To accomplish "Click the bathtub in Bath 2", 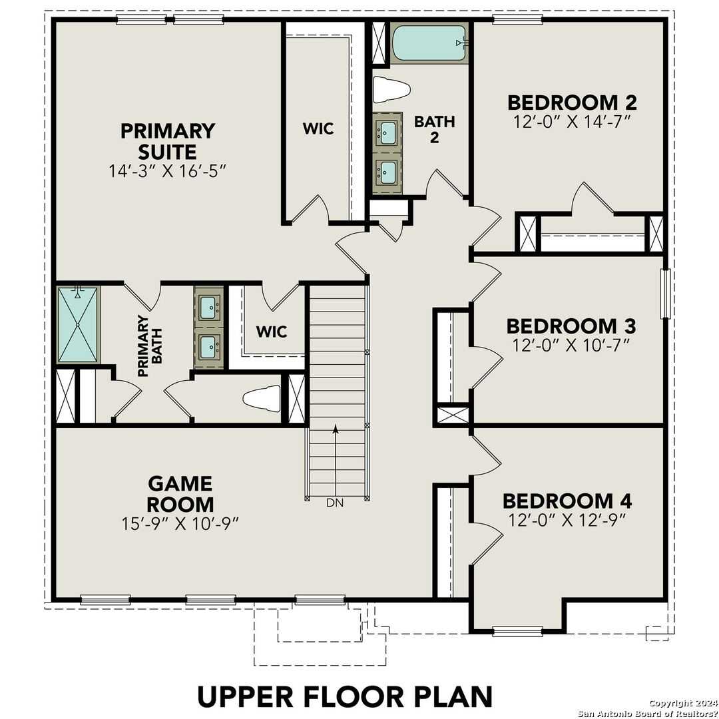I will coord(429,43).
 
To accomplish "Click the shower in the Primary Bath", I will coord(78,324).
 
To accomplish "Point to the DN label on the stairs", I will coord(335,503).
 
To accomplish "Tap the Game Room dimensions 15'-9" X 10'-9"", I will coord(180,524).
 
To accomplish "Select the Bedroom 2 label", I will coord(572,103).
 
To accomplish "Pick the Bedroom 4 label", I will coord(567,501).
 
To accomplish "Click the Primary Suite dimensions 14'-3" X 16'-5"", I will coord(168,170).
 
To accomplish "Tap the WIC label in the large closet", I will coord(318,128).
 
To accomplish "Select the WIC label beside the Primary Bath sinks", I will coord(272,331).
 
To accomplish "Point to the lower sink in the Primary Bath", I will coord(208,346).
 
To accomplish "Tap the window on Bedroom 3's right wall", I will coord(664,294).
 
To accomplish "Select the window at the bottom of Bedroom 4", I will coord(517,630).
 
